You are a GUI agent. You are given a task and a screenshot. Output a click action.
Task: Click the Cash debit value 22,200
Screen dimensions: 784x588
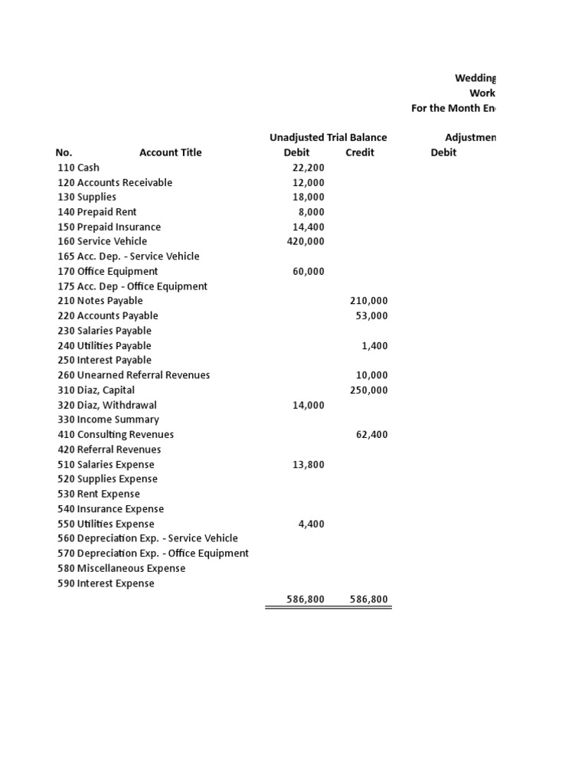[309, 168]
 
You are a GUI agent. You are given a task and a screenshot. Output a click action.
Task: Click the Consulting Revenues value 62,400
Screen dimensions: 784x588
[371, 434]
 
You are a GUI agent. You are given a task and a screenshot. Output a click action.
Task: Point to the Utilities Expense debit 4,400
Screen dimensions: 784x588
[311, 524]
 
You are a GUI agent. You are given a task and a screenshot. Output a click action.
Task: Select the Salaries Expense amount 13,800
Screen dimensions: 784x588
[309, 464]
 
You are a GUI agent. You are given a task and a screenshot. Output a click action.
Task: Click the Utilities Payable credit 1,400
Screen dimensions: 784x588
[374, 345]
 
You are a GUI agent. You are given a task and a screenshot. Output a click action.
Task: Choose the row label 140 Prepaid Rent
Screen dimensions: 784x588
[97, 212]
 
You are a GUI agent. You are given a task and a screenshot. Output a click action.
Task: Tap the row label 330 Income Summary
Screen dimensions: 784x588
[108, 420]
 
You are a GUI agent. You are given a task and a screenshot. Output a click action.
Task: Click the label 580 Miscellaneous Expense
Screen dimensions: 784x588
[122, 568]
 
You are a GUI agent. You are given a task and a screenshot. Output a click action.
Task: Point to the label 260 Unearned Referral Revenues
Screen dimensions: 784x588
[133, 375]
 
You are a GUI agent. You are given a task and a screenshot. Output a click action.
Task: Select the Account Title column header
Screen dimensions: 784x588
[170, 152]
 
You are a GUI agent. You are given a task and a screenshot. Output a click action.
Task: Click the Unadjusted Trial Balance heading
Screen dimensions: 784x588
[328, 138]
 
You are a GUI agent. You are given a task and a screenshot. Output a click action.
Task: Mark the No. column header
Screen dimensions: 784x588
[64, 152]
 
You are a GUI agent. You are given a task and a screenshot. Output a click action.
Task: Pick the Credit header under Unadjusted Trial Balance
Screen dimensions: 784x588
[360, 152]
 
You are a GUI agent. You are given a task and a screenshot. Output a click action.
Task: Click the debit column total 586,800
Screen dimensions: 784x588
[305, 599]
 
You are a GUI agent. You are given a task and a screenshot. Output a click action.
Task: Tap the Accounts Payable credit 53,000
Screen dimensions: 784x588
[371, 315]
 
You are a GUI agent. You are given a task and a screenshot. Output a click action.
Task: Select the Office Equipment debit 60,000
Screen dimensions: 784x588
[309, 271]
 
